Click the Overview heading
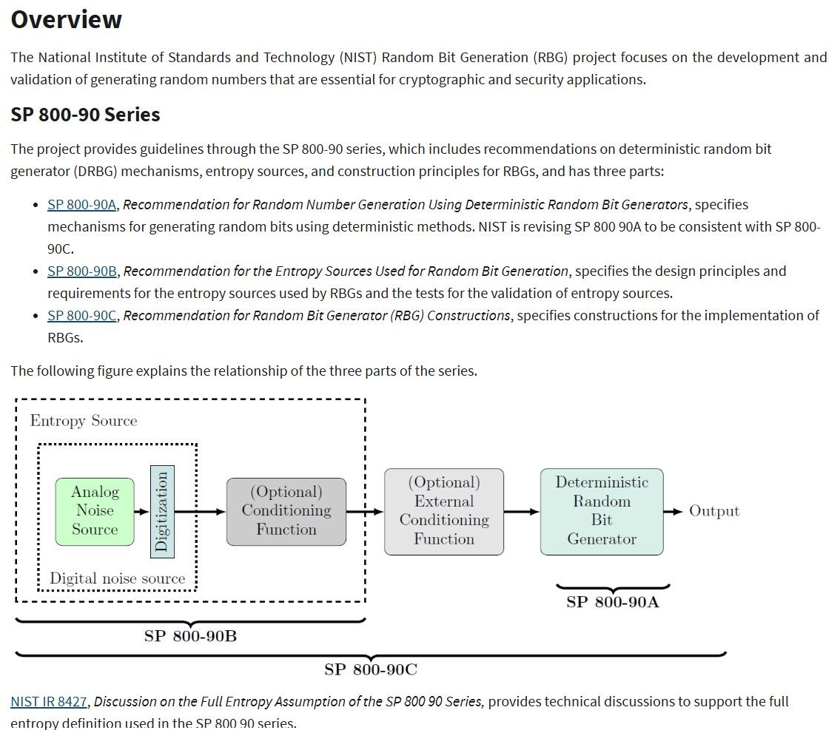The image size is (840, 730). [67, 19]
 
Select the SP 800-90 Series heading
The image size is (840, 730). [85, 115]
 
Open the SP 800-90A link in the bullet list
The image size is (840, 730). [81, 204]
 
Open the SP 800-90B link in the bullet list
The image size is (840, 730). [82, 271]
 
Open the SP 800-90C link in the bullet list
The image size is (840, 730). [81, 315]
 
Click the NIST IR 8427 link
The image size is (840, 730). [49, 701]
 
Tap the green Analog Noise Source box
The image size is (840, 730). [95, 512]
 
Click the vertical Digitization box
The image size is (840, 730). [162, 512]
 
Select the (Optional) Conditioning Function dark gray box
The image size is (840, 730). [286, 512]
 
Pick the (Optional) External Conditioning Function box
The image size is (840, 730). [444, 512]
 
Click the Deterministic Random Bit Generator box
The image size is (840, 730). [602, 512]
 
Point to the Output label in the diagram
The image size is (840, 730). [714, 511]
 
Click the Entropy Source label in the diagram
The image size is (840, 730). [84, 421]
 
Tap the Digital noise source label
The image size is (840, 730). [118, 578]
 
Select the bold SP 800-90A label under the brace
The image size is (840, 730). [613, 602]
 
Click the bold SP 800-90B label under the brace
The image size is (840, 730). [190, 636]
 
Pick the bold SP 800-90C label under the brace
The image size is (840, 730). [371, 669]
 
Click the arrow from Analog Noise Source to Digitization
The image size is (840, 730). [142, 512]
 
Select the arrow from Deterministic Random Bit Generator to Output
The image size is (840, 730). [673, 512]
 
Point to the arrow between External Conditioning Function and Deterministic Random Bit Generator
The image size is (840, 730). [522, 512]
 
